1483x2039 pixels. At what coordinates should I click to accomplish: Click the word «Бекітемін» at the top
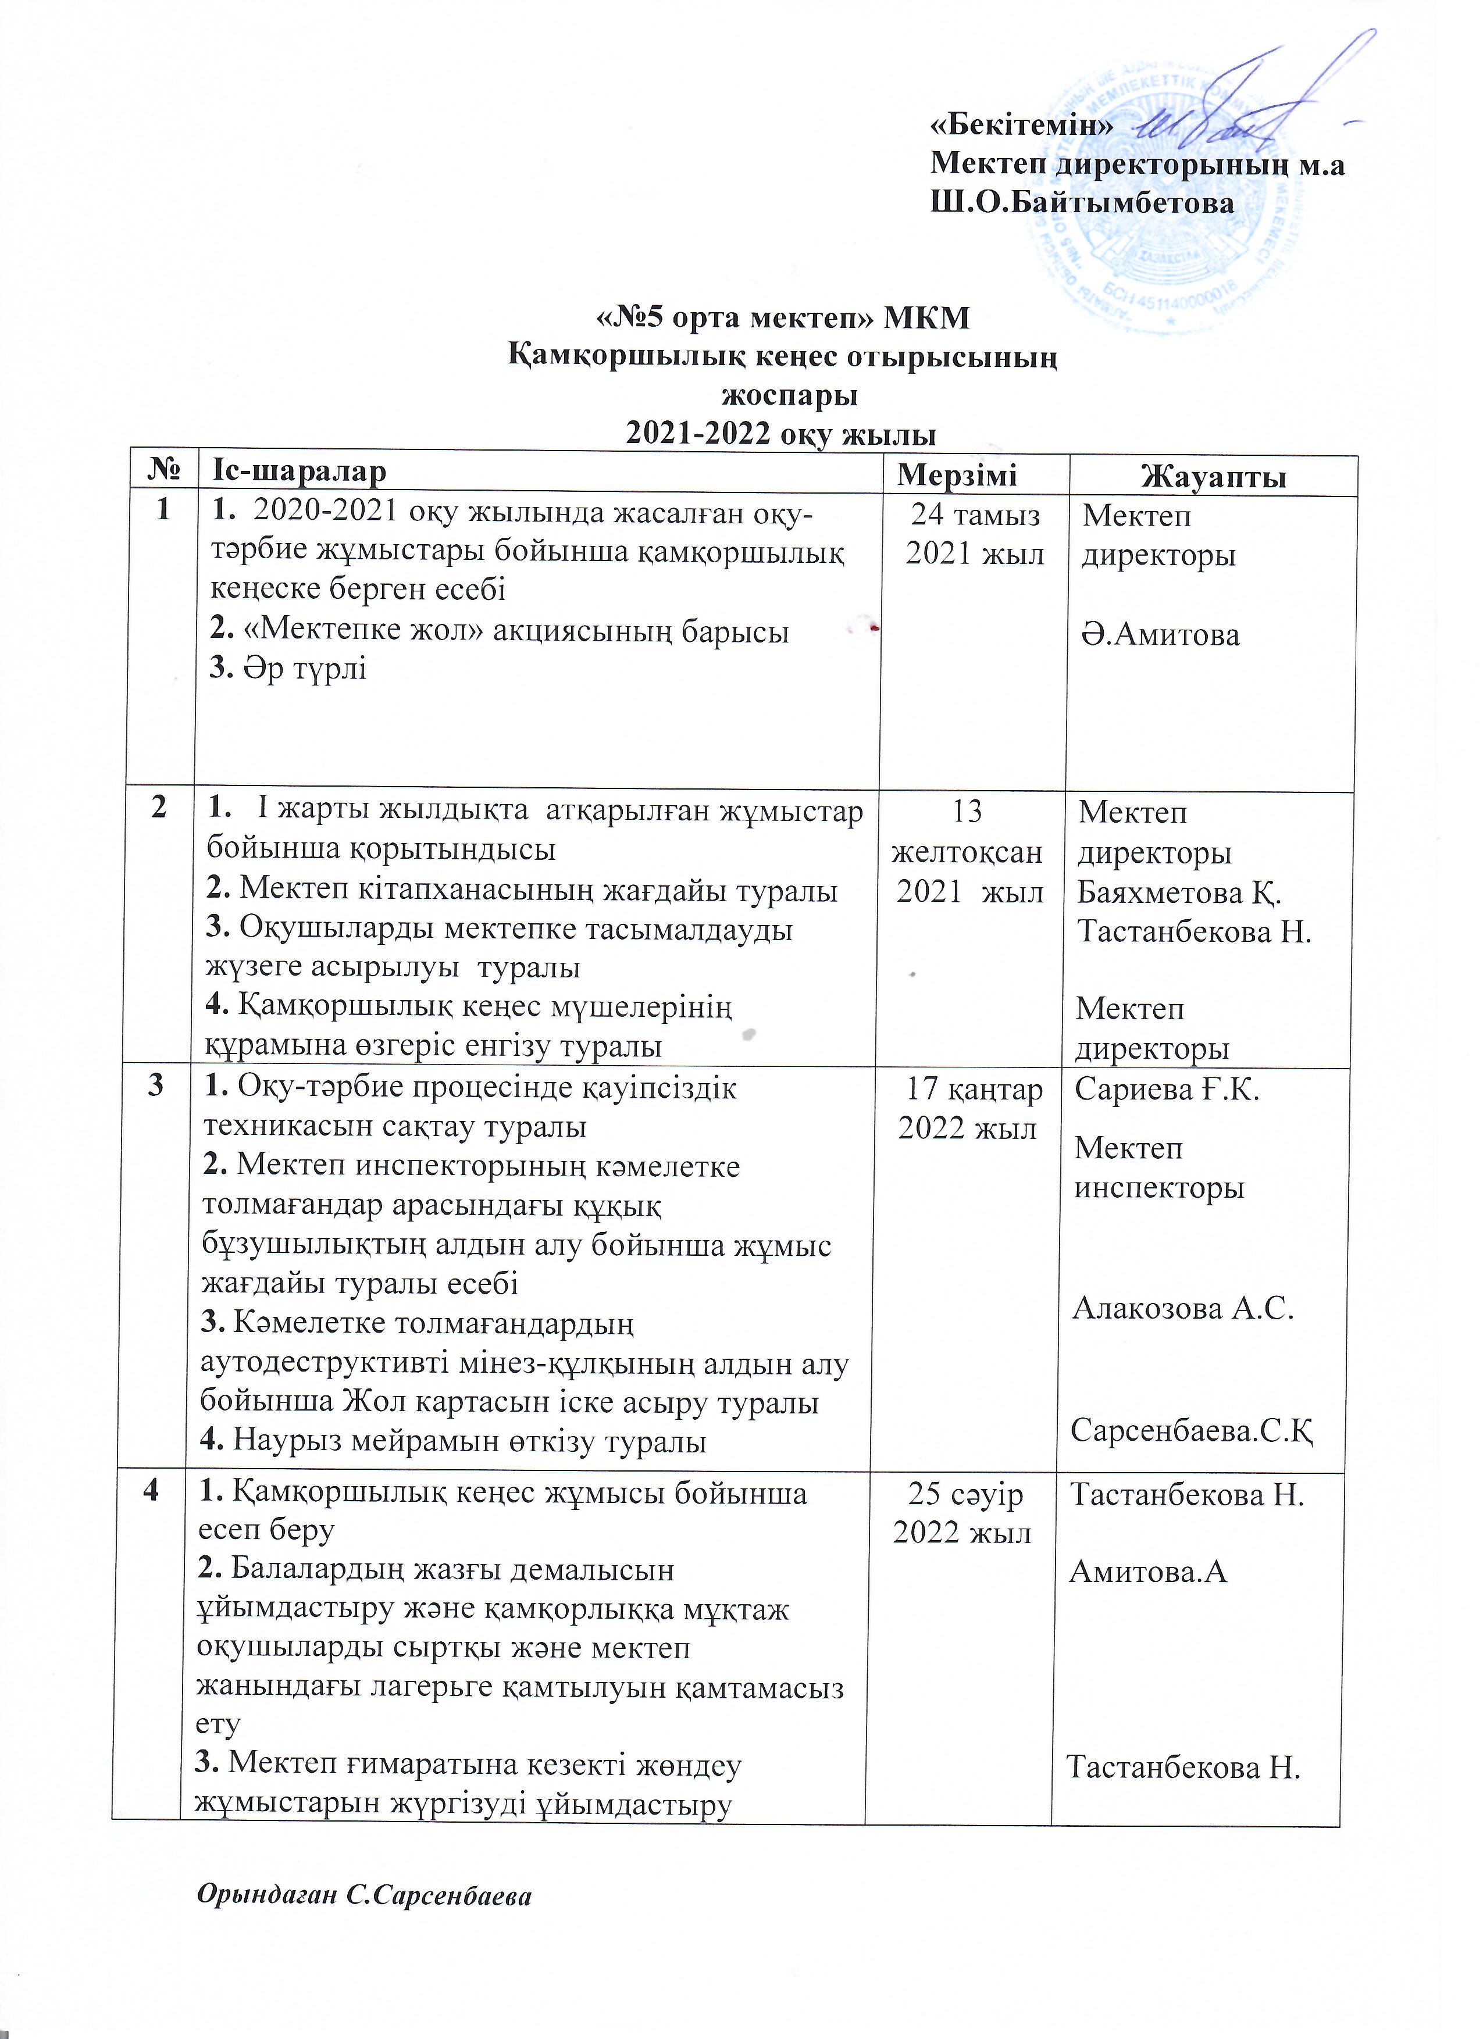coord(1020,125)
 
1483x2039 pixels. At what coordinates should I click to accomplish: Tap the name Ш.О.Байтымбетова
coord(1082,203)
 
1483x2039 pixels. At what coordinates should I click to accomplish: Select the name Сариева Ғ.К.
coord(1167,1090)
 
